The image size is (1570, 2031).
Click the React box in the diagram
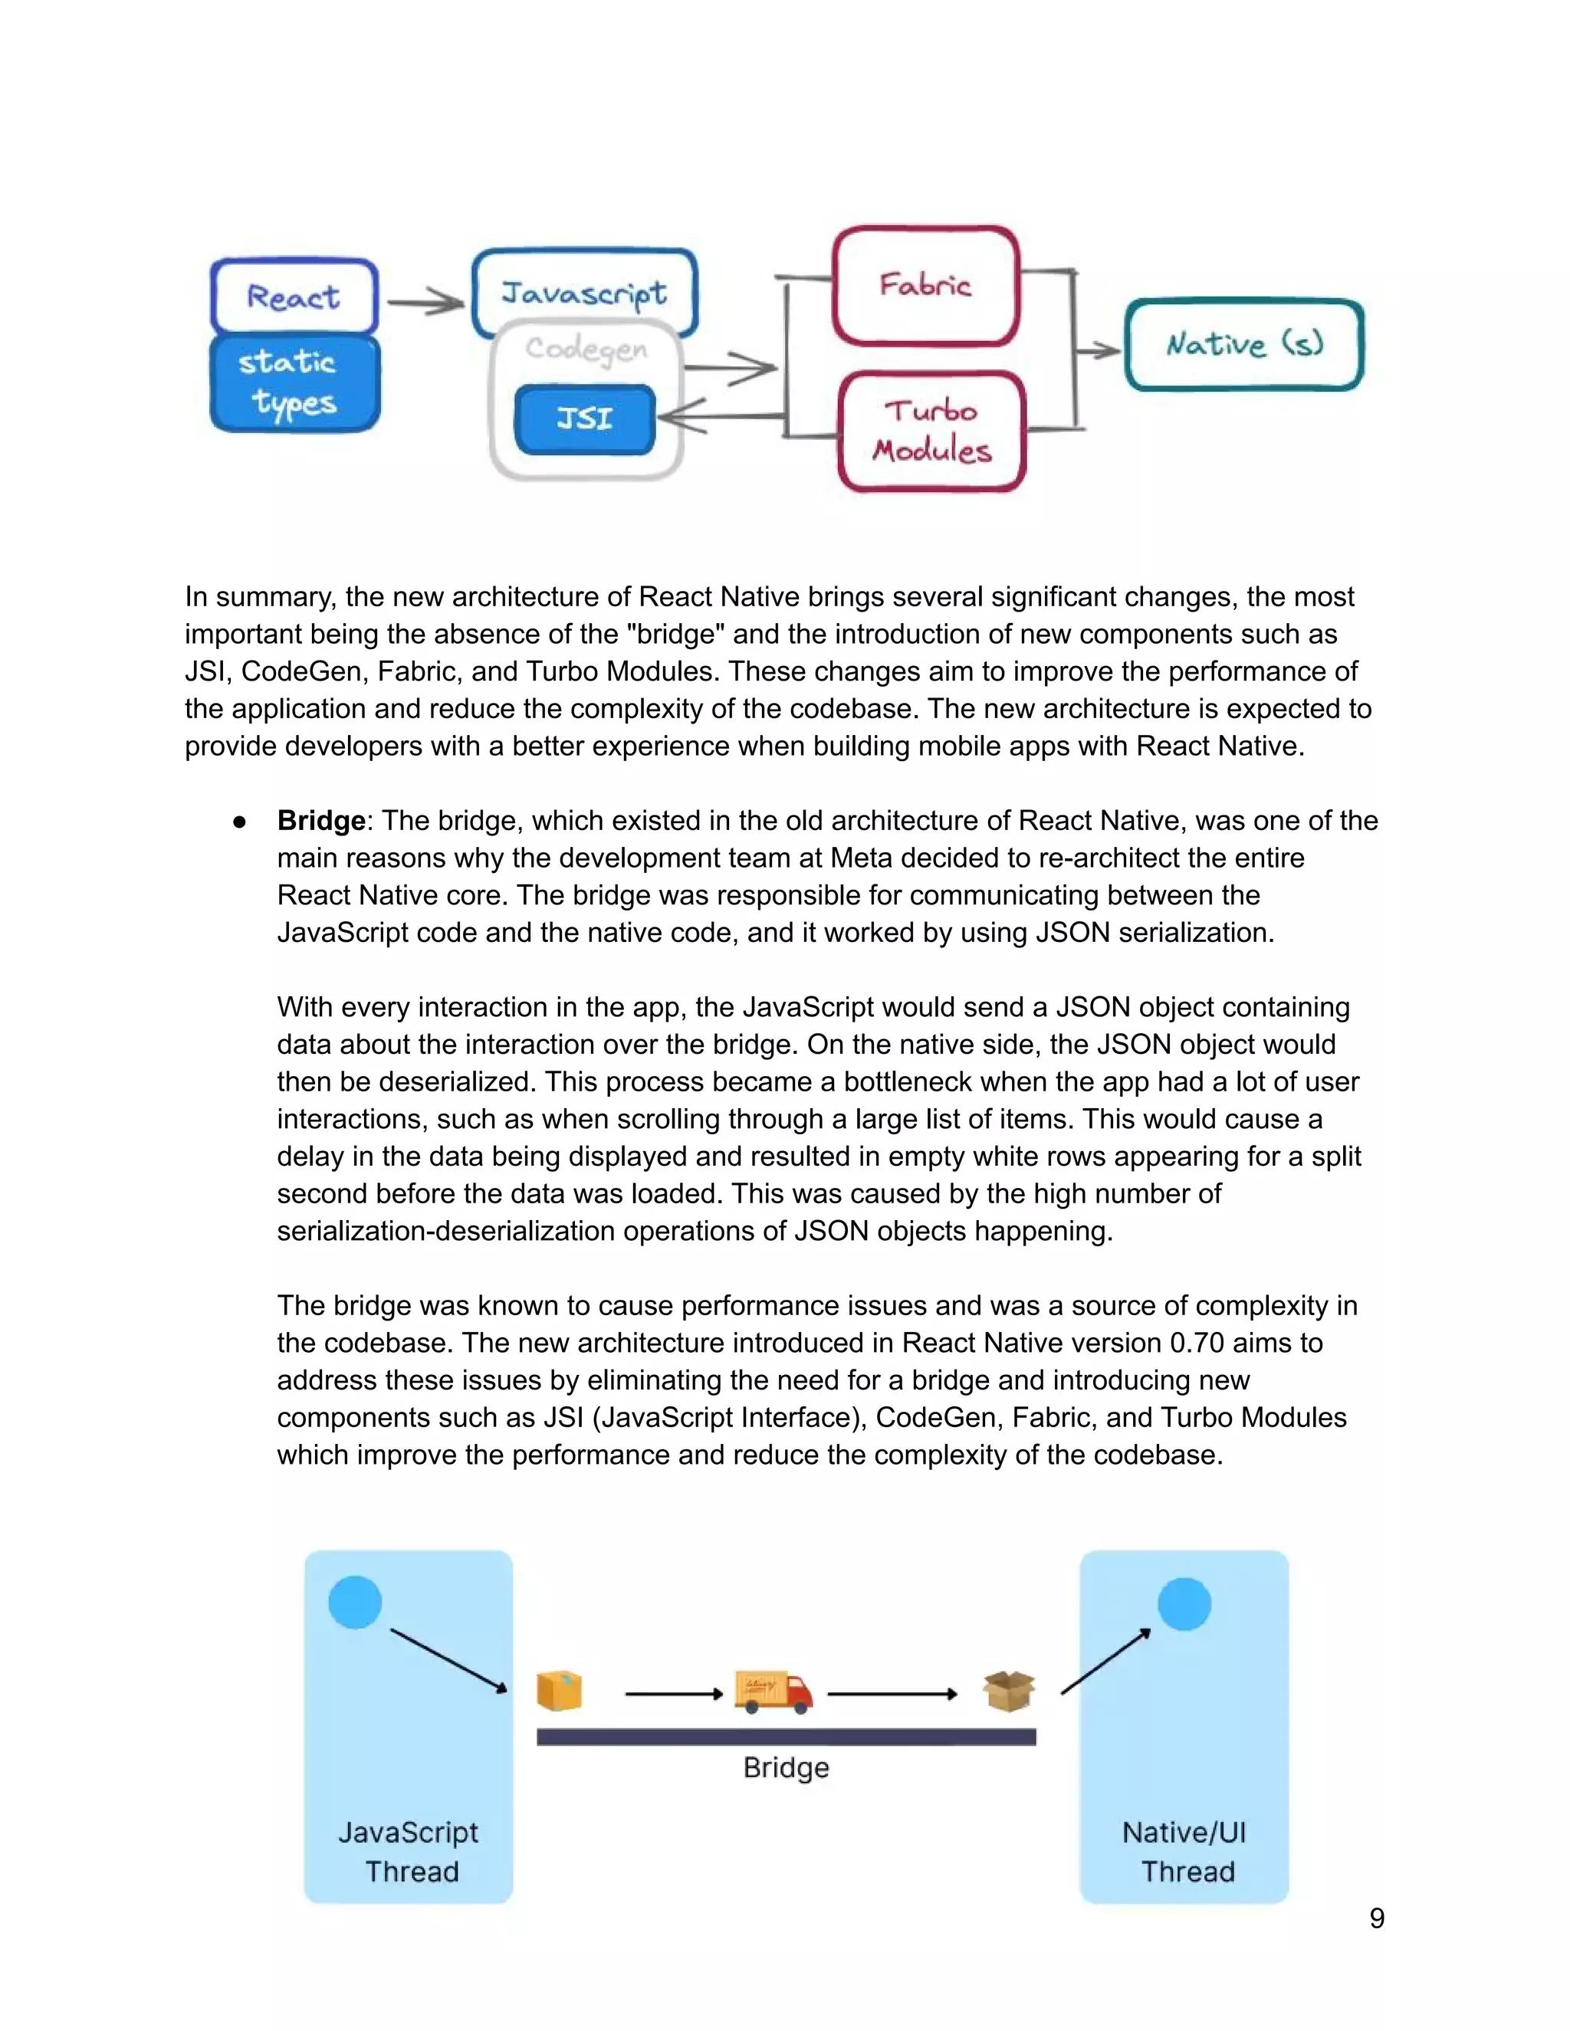pos(294,297)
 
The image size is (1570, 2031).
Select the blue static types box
pos(294,383)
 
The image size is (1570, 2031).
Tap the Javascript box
pos(584,292)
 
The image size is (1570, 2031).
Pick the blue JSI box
pos(584,418)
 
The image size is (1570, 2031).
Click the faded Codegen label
pos(586,349)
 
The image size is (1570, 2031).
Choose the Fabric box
pos(925,284)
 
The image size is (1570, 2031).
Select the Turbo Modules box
pos(931,431)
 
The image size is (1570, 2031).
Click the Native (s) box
pos(1243,344)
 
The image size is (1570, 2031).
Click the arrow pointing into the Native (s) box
pos(1099,350)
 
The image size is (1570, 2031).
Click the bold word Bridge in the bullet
pos(321,820)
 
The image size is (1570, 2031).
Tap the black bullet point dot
pos(240,821)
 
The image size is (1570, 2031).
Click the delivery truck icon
pos(773,1691)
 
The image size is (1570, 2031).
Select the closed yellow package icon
pos(559,1691)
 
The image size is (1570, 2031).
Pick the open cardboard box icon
pos(1009,1691)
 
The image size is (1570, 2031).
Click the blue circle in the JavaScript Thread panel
pos(355,1603)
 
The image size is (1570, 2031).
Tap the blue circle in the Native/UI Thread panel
pos(1184,1604)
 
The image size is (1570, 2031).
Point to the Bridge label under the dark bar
pos(786,1767)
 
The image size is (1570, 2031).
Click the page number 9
pos(1377,1918)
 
